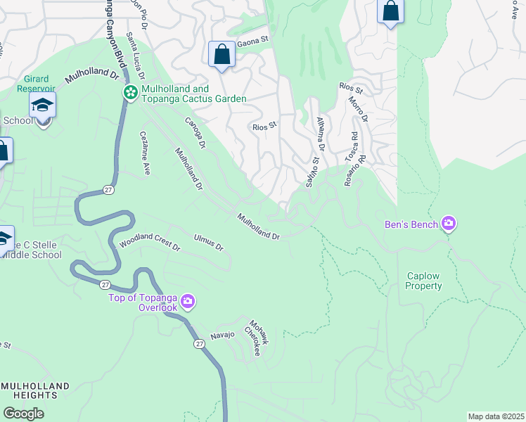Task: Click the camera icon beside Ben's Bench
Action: click(449, 224)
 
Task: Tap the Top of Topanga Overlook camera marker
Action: click(188, 302)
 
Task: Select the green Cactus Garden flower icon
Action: click(131, 93)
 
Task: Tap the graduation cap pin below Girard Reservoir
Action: click(42, 107)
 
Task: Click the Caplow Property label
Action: click(424, 281)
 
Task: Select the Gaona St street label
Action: click(254, 41)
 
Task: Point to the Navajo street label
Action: click(222, 335)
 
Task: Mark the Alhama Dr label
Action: click(320, 134)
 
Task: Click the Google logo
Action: click(24, 414)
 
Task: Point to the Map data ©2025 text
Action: click(496, 416)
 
